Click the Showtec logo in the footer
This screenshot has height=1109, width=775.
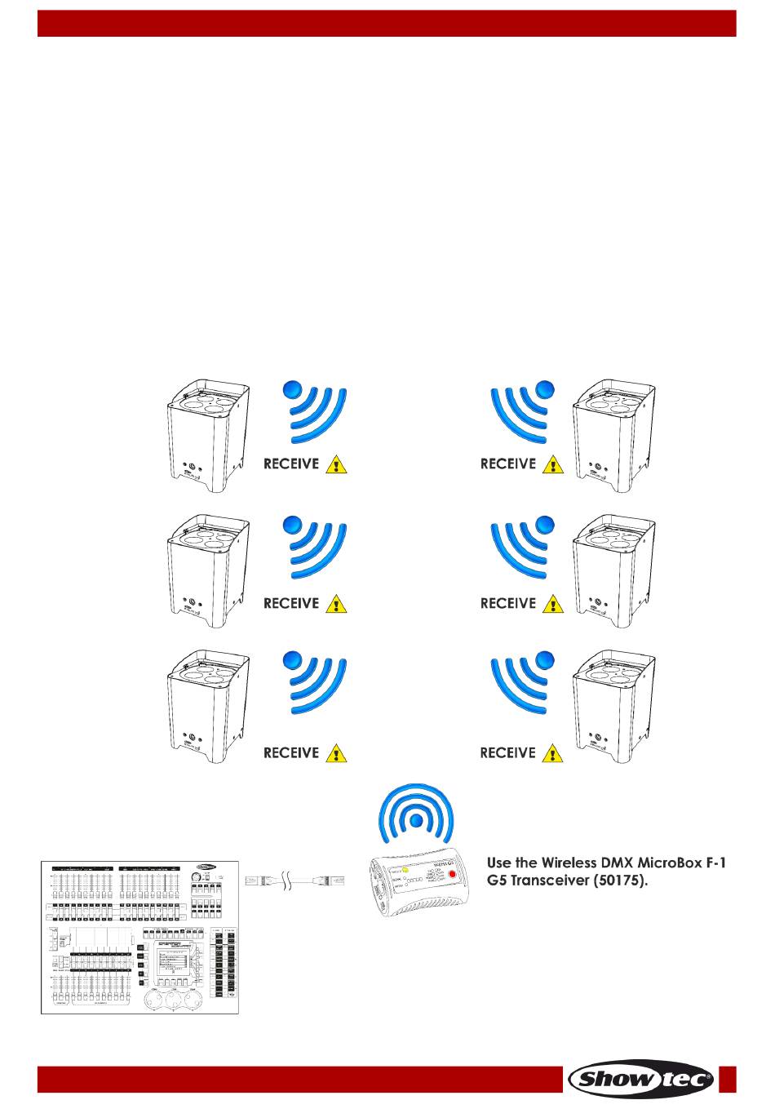(x=642, y=1080)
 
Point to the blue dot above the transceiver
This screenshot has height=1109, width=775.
(x=417, y=819)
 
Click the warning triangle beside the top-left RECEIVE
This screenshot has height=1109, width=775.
(x=336, y=465)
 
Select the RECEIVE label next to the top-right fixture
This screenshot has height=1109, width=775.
(x=507, y=464)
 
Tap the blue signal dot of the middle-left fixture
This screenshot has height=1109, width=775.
(x=293, y=527)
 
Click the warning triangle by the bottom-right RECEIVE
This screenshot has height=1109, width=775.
(x=553, y=752)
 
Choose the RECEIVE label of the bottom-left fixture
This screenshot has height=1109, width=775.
(x=291, y=752)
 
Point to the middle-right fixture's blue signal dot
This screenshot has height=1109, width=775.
(x=545, y=527)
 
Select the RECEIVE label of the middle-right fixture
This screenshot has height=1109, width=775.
(x=507, y=604)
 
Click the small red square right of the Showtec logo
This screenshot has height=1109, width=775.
(x=728, y=1079)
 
